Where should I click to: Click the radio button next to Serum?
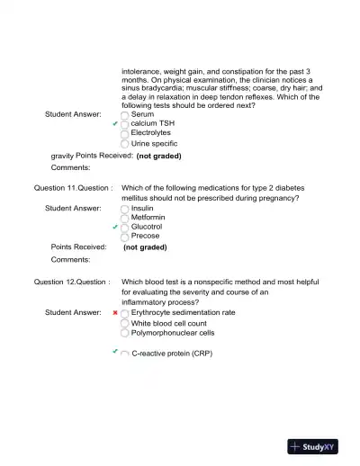124,115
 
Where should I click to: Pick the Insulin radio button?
124,208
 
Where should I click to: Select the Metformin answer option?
124,217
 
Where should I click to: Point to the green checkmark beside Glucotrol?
114,227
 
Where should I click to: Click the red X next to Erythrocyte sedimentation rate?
115,313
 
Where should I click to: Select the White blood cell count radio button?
124,323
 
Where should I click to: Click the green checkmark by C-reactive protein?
115,352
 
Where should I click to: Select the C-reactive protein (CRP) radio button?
124,354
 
